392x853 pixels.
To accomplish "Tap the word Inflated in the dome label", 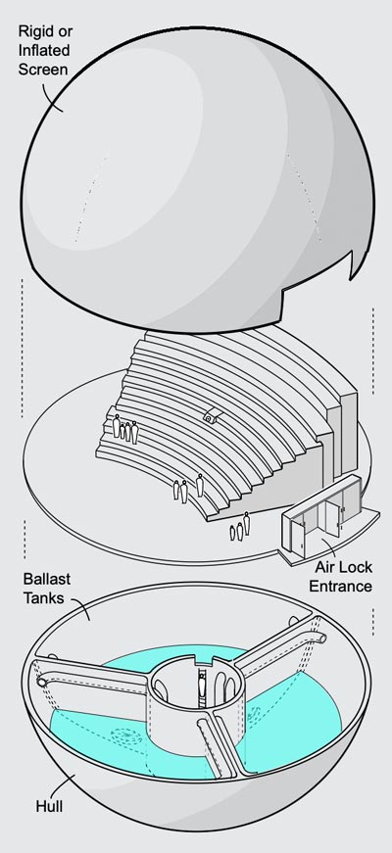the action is click(44, 51).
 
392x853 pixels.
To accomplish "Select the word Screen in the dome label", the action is click(43, 70).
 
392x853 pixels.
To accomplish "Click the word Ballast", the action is click(47, 578).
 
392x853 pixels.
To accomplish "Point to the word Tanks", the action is click(43, 597).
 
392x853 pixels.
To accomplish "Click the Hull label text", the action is click(49, 806).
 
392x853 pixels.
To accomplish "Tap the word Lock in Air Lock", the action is click(355, 567).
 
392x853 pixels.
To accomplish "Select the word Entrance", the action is click(340, 587).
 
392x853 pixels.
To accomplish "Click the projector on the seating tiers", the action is click(210, 417).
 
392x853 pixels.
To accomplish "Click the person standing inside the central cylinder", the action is click(203, 684).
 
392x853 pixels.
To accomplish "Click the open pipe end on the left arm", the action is click(42, 681).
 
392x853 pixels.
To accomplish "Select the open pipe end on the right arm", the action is click(322, 638).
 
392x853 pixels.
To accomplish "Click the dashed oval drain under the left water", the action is click(126, 737).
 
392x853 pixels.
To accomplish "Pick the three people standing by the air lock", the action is click(239, 527).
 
